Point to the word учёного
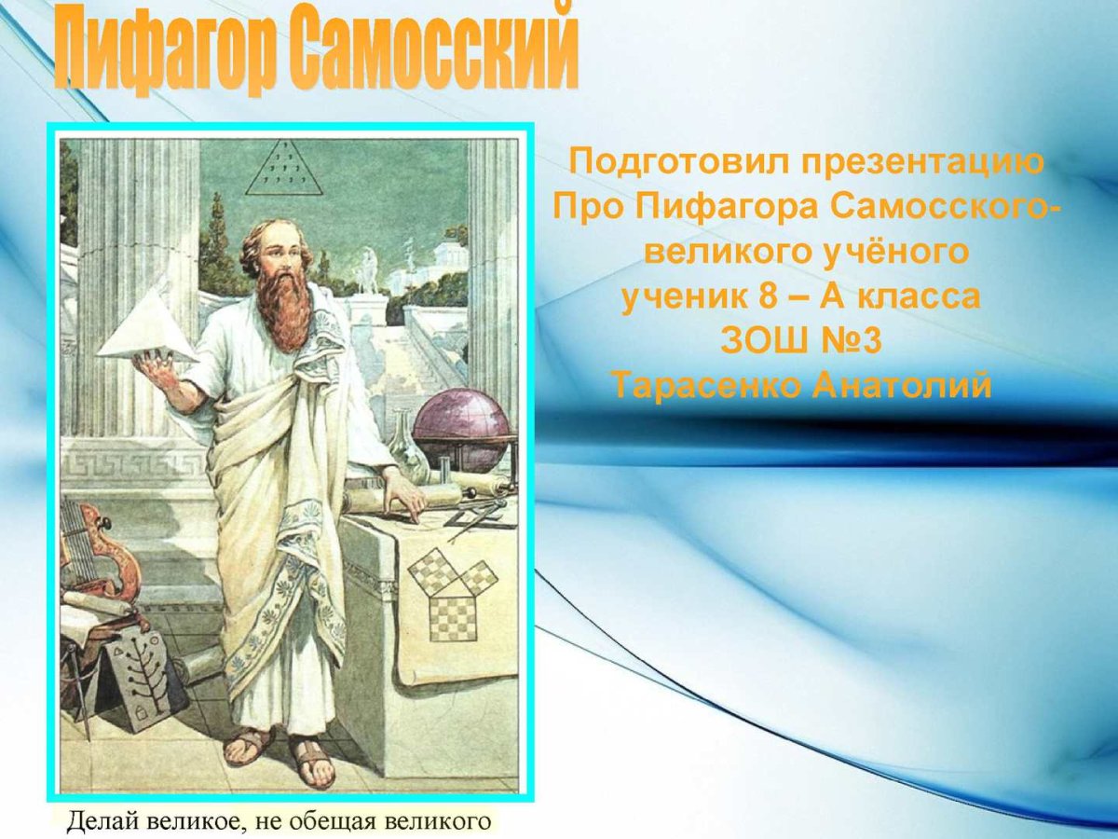889,252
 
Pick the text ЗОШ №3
799,340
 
